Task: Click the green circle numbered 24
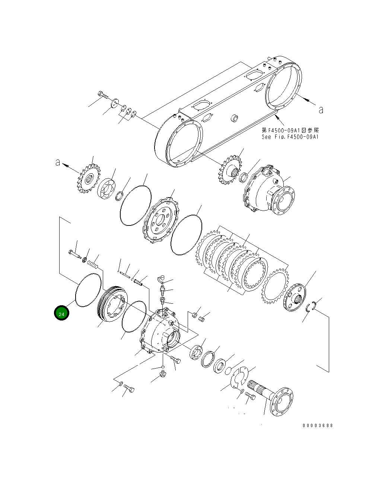pos(61,313)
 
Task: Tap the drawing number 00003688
pos(318,425)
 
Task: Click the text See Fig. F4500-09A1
pos(290,137)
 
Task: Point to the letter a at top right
pos(321,110)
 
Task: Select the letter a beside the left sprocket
pos(58,162)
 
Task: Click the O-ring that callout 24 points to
pos(89,290)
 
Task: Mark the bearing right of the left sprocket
pos(107,189)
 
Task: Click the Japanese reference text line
pos(290,130)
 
